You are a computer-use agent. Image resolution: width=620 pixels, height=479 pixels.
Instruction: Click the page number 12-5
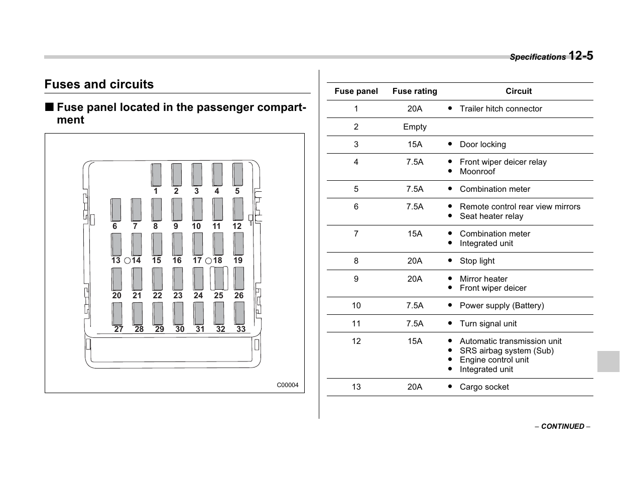[x=581, y=56]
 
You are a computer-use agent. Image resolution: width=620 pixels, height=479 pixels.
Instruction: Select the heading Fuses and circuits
[x=99, y=84]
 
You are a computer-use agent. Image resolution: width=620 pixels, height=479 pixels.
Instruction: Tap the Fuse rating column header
[x=415, y=91]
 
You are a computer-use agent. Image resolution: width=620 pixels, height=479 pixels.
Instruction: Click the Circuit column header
[x=519, y=91]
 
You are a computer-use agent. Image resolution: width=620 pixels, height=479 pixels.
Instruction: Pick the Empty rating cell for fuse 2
[x=415, y=127]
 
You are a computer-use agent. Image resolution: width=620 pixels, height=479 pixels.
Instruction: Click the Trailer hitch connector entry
[x=501, y=109]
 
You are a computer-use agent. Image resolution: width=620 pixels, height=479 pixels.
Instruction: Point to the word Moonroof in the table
[x=477, y=172]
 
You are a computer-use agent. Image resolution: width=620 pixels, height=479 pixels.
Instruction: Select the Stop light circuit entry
[x=477, y=261]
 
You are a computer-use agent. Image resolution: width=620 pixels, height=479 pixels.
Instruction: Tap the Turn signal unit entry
[x=488, y=324]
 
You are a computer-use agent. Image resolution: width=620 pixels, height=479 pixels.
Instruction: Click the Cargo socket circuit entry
[x=484, y=387]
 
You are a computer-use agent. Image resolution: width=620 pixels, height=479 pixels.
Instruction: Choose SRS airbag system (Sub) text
[x=507, y=351]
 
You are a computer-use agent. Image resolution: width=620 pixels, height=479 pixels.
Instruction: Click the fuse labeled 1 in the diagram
[x=156, y=175]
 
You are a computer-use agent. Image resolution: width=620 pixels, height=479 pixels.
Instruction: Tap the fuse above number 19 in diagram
[x=238, y=244]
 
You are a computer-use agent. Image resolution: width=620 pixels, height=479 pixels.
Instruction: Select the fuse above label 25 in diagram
[x=219, y=279]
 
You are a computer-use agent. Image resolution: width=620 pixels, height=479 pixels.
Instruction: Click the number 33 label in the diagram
[x=241, y=329]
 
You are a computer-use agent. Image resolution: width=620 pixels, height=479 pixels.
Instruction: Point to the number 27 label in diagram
[x=118, y=329]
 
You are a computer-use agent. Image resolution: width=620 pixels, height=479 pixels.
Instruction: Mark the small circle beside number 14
[x=128, y=261]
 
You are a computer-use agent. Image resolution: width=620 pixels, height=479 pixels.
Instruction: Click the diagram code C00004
[x=288, y=385]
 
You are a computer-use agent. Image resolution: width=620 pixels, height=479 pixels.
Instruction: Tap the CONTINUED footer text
[x=562, y=426]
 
